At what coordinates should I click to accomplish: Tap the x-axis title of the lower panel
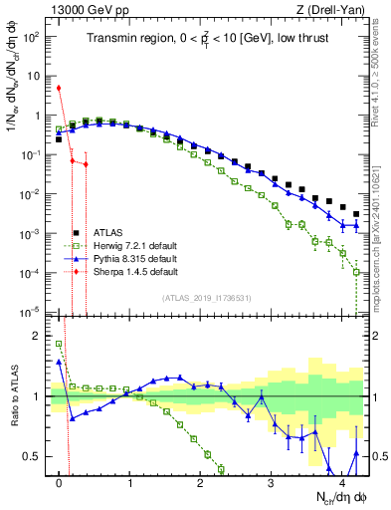(340, 496)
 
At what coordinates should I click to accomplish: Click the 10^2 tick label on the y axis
(32, 37)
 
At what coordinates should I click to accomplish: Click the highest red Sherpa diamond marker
(60, 88)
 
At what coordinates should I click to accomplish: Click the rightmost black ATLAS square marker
(356, 214)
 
